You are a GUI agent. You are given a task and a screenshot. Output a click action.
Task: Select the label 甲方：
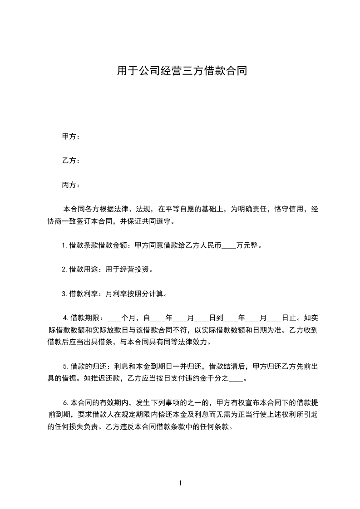[x=71, y=137]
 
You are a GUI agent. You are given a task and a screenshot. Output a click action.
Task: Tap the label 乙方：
[x=71, y=161]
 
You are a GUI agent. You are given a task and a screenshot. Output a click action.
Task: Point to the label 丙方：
[x=71, y=185]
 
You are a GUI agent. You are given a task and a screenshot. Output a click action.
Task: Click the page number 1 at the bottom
[x=180, y=484]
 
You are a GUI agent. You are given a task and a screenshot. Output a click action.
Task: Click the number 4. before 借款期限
[x=65, y=318]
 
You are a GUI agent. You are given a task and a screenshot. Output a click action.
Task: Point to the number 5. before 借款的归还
[x=65, y=366]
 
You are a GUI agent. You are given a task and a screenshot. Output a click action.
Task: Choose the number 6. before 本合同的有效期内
[x=65, y=402]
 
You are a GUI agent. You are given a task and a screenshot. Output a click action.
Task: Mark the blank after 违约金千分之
[x=237, y=378]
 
